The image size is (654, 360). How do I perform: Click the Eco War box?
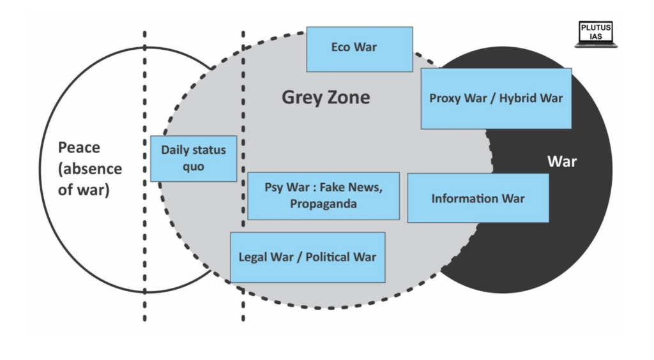click(359, 49)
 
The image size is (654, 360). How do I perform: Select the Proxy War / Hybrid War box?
click(496, 98)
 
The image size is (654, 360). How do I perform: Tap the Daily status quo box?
click(193, 158)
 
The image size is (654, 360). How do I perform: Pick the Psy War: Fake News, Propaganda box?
click(323, 195)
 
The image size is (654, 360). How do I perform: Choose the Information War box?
click(478, 198)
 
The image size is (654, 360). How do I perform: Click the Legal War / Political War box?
click(307, 257)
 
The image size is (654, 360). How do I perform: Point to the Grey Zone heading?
click(326, 98)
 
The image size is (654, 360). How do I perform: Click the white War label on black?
click(562, 161)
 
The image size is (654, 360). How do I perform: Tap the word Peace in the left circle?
click(79, 148)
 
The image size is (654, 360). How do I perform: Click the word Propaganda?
click(323, 204)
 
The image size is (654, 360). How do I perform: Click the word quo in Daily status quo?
click(193, 167)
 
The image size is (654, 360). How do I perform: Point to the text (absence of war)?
click(89, 179)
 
